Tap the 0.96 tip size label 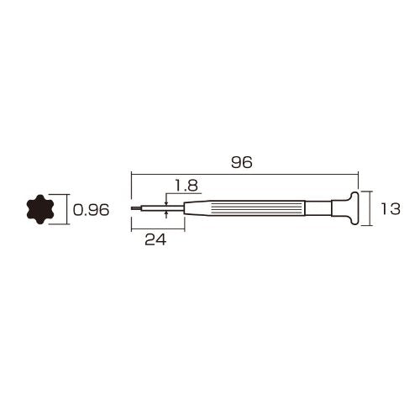92,211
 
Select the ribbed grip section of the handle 252,208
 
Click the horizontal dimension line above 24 157,228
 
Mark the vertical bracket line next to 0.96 64,211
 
